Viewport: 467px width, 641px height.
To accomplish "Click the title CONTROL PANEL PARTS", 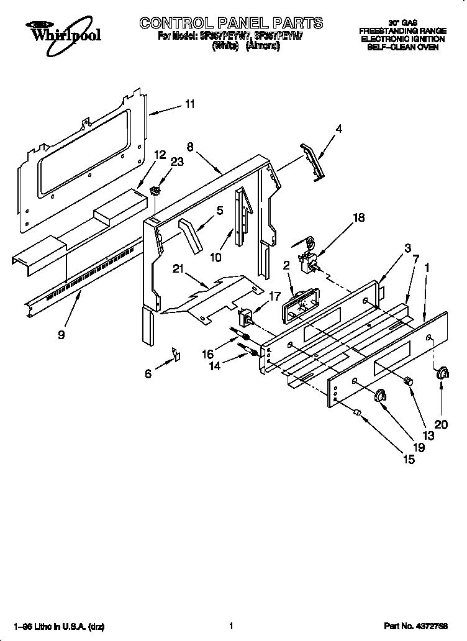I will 231,23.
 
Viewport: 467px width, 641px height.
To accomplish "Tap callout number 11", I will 189,104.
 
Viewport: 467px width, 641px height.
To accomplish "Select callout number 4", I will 338,129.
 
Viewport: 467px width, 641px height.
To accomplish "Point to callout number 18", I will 358,218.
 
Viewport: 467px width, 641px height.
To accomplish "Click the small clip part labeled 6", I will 176,355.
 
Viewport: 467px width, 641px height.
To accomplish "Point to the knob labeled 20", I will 443,373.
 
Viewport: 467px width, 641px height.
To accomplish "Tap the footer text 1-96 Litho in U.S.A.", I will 50,626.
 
